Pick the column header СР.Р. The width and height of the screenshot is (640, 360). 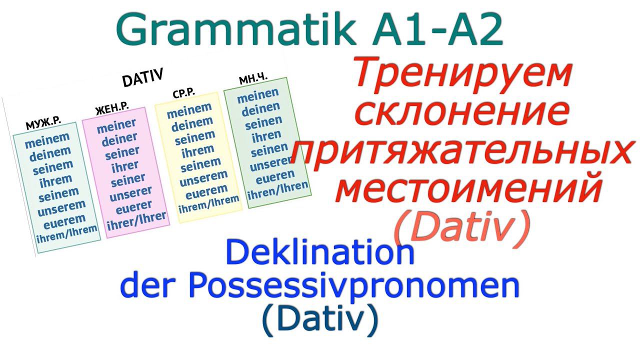pos(183,93)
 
